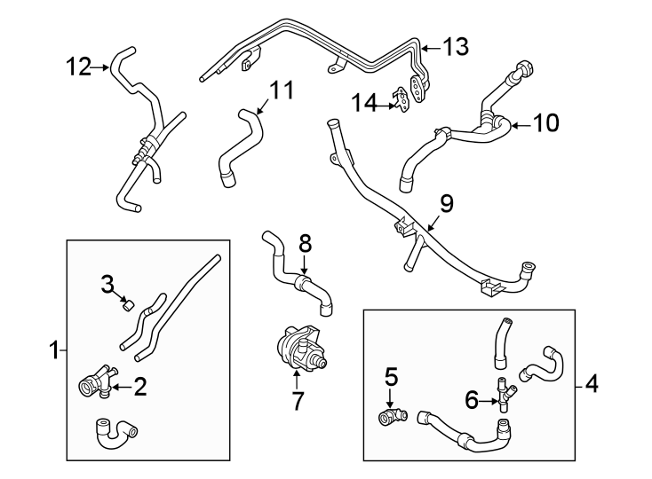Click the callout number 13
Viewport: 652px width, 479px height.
point(456,46)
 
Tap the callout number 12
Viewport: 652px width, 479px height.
point(78,67)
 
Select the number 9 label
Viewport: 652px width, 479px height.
point(447,204)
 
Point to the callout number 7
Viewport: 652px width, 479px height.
point(297,401)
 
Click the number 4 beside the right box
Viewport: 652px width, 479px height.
point(592,383)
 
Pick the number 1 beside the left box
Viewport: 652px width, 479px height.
point(54,350)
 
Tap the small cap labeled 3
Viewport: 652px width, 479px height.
point(128,306)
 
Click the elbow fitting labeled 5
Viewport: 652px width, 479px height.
point(393,416)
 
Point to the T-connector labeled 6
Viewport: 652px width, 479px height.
point(505,394)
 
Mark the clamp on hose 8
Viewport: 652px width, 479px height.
point(303,283)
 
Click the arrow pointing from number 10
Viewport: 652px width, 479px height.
point(520,124)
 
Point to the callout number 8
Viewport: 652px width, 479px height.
point(306,245)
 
